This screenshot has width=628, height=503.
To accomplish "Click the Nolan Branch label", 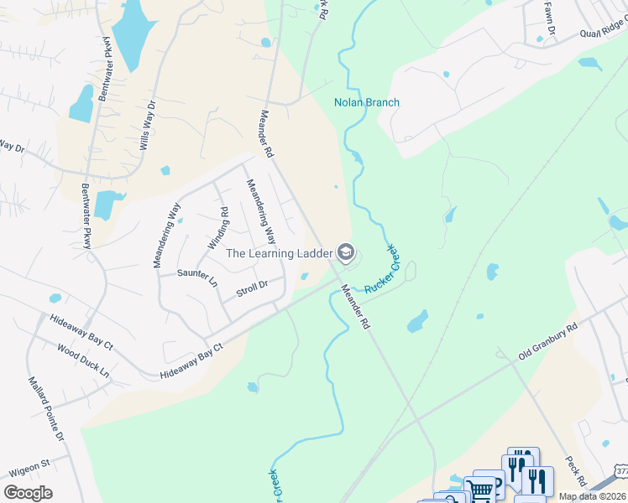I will [367, 103].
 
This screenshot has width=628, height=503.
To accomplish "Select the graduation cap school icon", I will [345, 251].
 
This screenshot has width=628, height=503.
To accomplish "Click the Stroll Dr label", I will [252, 287].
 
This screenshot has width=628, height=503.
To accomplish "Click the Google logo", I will [28, 492].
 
